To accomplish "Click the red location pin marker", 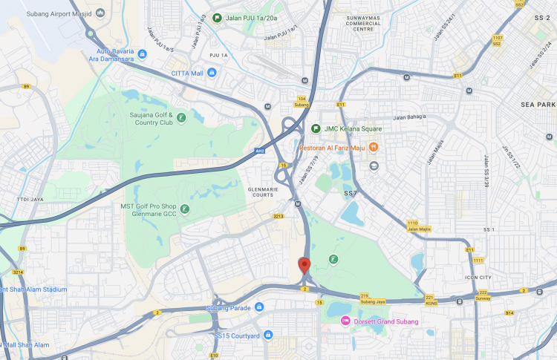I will pyautogui.click(x=304, y=265).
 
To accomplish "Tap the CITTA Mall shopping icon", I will pyautogui.click(x=212, y=73).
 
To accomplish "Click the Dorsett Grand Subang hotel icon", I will pyautogui.click(x=345, y=321).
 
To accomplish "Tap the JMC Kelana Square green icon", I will pyautogui.click(x=316, y=128).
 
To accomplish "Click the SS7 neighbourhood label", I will pyautogui.click(x=351, y=193).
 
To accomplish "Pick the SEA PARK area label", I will pyautogui.click(x=538, y=105).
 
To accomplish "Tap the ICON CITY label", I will pyautogui.click(x=478, y=278).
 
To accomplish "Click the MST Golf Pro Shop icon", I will pyautogui.click(x=185, y=209).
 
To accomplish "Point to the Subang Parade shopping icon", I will pyautogui.click(x=258, y=307).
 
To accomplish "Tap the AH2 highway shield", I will pyautogui.click(x=259, y=151).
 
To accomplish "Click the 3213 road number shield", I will pyautogui.click(x=278, y=216).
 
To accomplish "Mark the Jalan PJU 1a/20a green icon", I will pyautogui.click(x=217, y=18).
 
